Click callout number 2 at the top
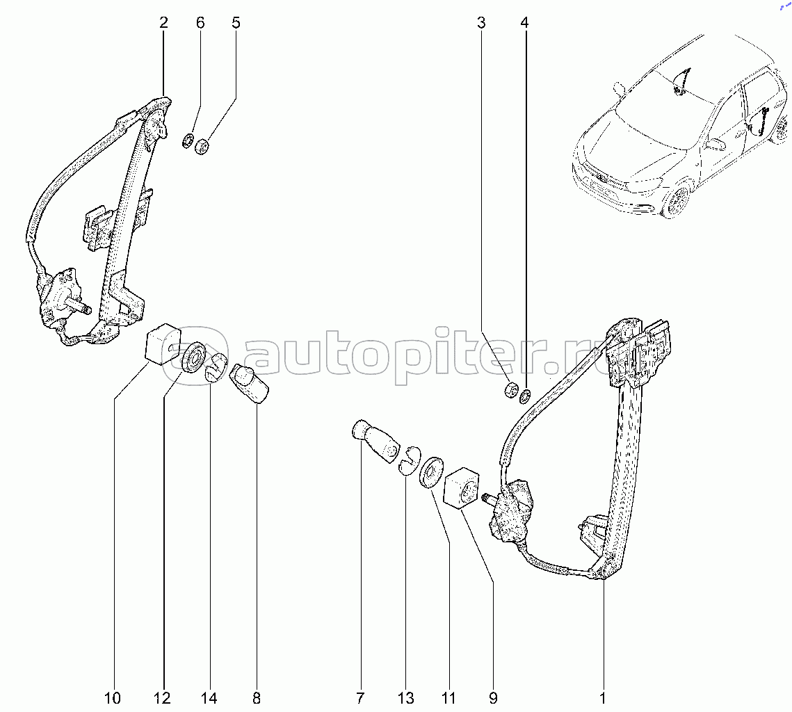[x=163, y=23]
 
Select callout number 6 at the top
[x=200, y=23]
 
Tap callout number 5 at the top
[x=236, y=23]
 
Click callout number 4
[x=524, y=23]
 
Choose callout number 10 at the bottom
[x=113, y=698]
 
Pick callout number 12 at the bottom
[x=163, y=698]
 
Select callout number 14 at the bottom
[x=209, y=698]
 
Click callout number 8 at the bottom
[x=257, y=698]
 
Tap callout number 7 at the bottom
[x=360, y=698]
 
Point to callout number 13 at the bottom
[x=406, y=698]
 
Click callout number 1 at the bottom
[x=603, y=698]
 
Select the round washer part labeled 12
[x=193, y=357]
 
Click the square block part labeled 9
[x=462, y=489]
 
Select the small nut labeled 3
[x=510, y=389]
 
